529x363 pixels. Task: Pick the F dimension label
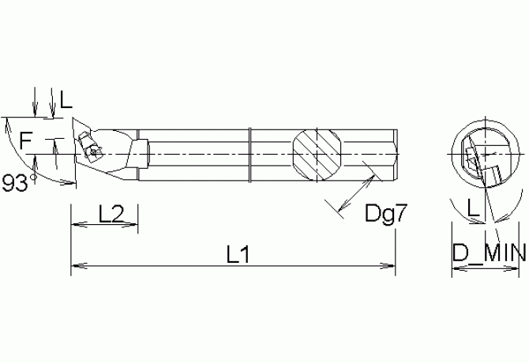26,142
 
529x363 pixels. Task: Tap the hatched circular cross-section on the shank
319,151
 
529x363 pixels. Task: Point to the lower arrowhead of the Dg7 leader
339,211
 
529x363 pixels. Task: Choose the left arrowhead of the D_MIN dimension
455,270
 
